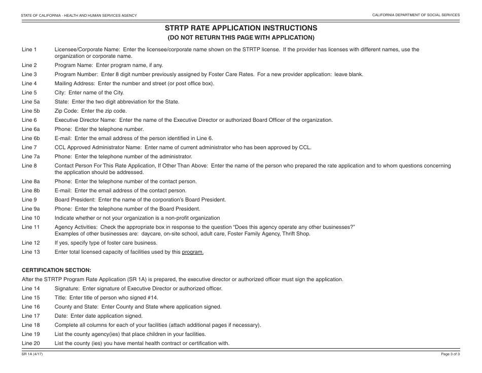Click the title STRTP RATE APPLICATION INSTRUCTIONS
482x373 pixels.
241,28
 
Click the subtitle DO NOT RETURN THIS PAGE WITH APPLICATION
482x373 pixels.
241,38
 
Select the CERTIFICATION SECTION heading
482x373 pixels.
56,270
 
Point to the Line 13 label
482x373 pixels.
30,252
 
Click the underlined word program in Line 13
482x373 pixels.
193,252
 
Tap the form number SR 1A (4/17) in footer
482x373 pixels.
32,354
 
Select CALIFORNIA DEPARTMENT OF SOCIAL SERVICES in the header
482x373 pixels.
416,15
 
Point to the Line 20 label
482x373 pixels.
30,344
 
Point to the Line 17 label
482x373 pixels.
30,316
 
